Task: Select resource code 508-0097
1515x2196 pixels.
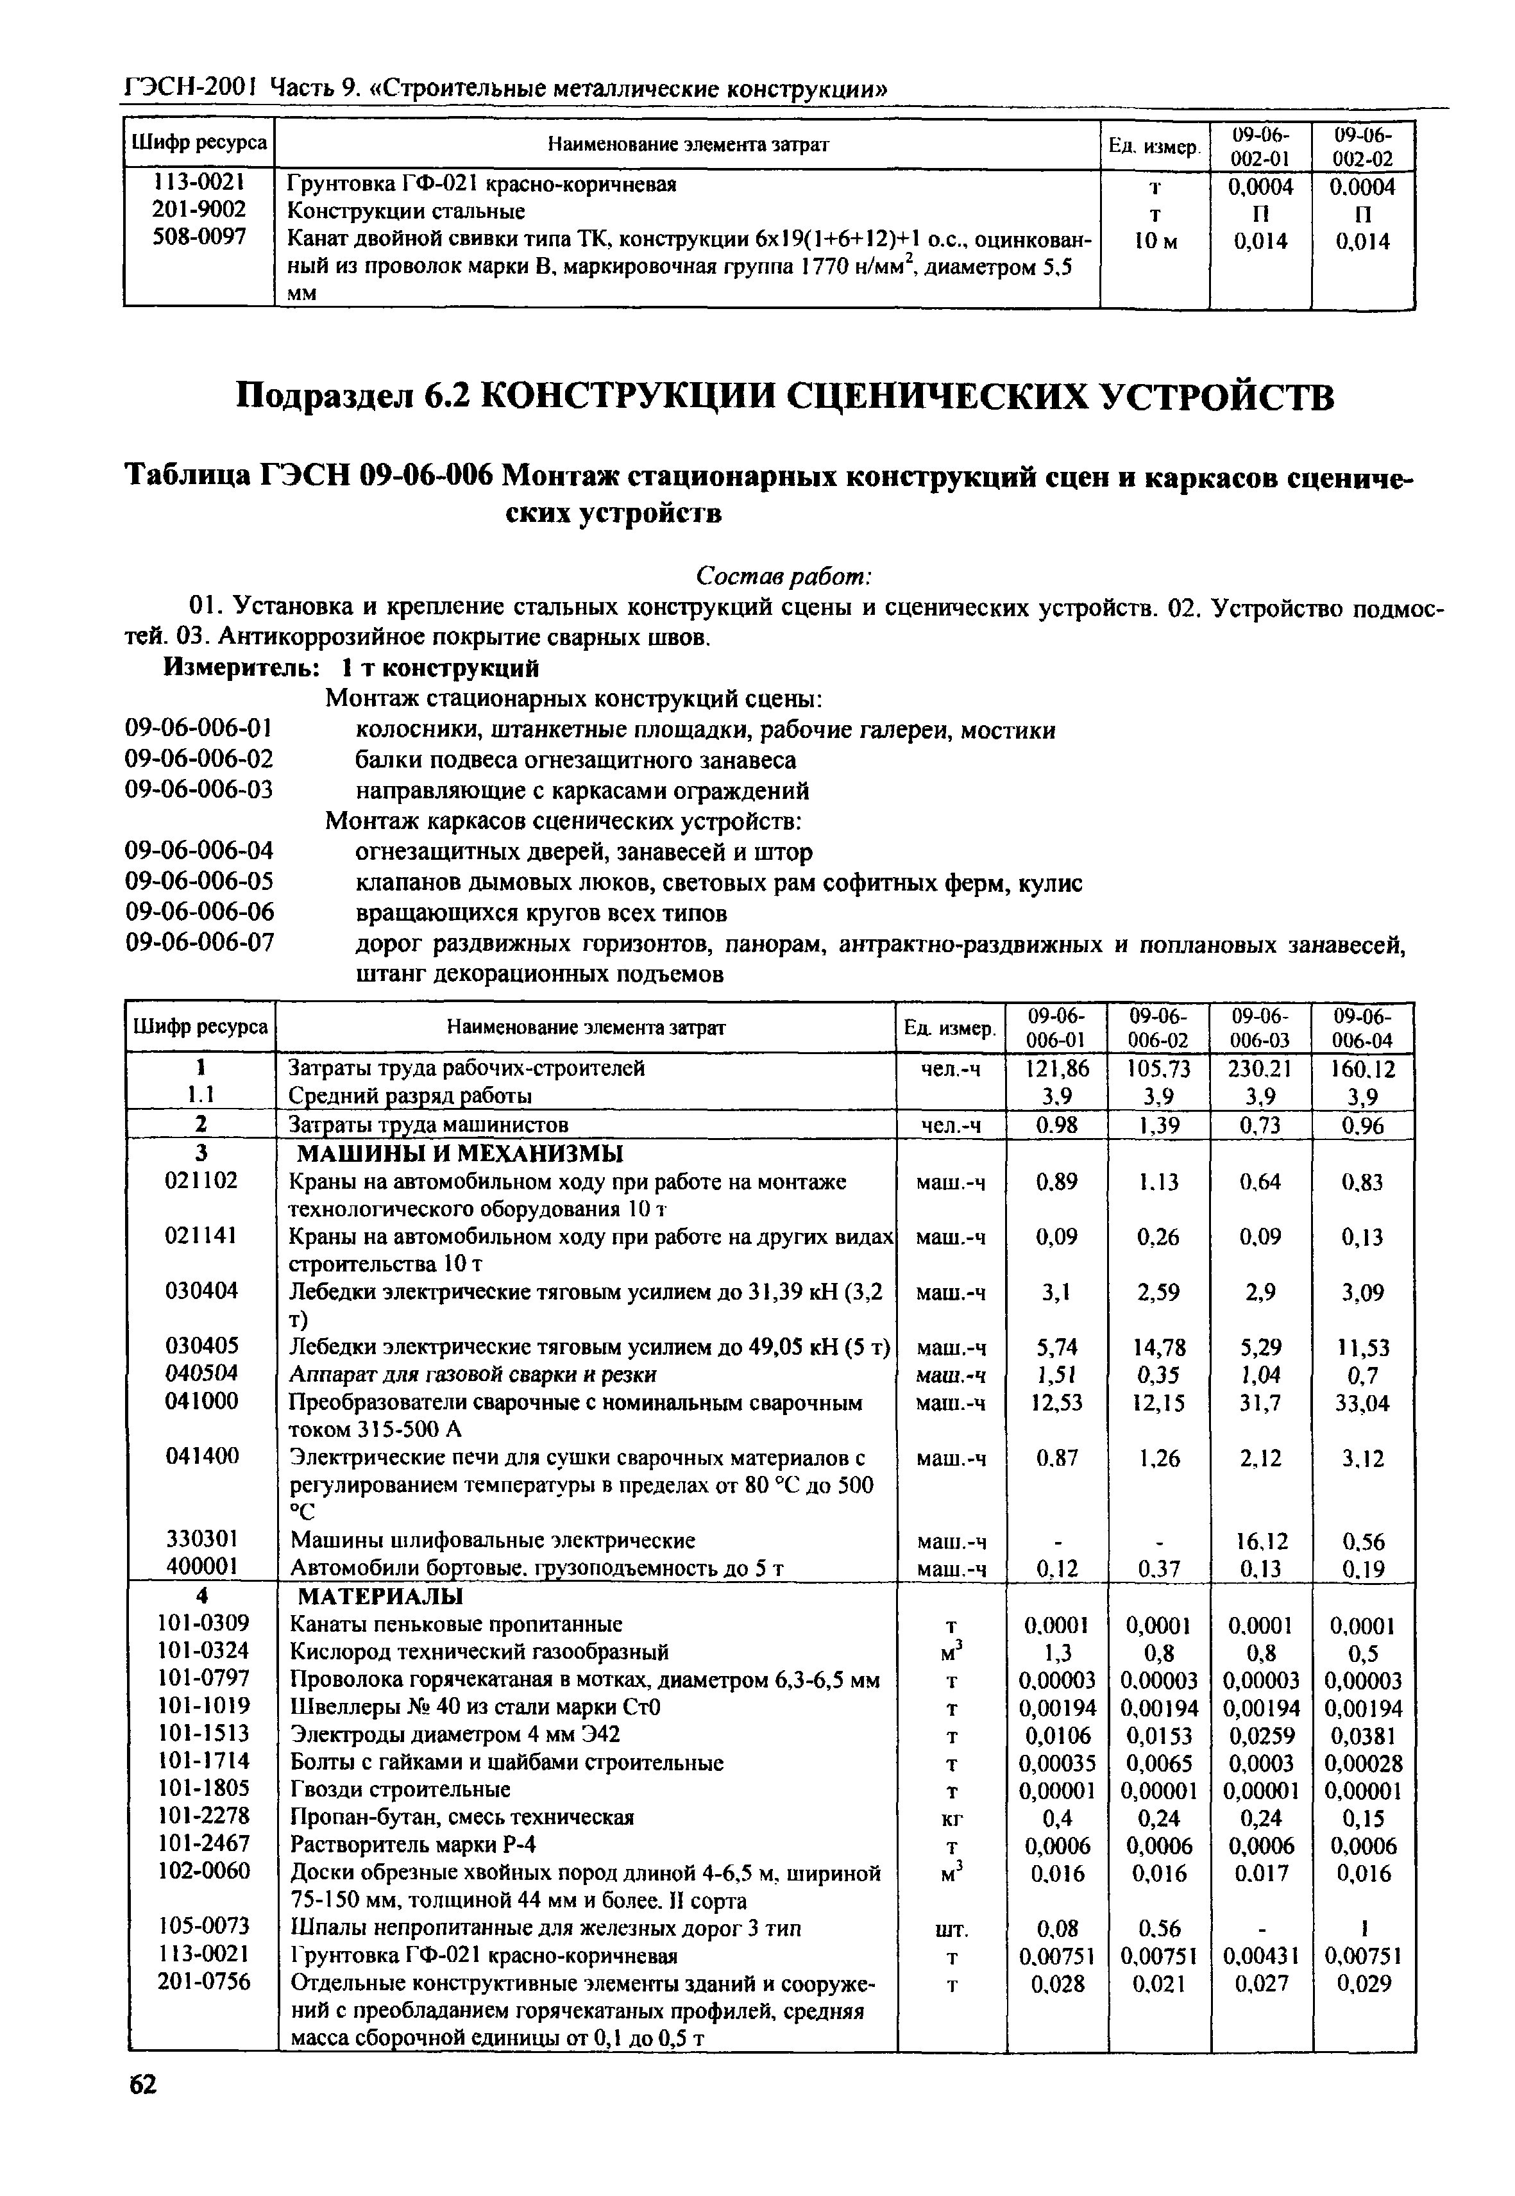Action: [x=199, y=237]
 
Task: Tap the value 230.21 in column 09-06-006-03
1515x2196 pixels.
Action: [x=1260, y=1069]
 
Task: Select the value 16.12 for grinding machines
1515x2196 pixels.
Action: [x=1260, y=1540]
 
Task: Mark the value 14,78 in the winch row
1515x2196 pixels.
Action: [x=1158, y=1346]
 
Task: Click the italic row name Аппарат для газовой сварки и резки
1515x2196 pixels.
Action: [x=473, y=1374]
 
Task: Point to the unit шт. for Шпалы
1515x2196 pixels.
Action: [x=952, y=1929]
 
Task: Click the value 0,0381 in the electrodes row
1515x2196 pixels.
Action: [x=1361, y=1736]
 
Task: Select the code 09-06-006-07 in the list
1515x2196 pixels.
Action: [x=199, y=943]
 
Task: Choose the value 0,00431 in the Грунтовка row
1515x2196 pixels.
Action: [x=1260, y=1956]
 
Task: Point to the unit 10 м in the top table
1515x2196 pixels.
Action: [x=1155, y=241]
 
